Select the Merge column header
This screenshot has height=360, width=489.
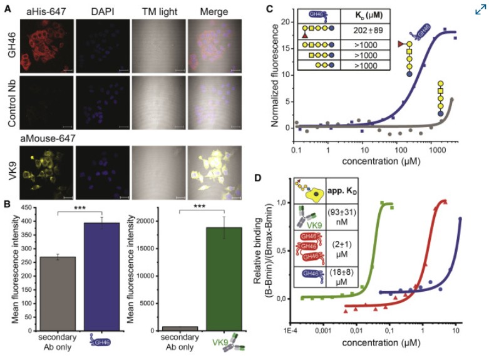213,11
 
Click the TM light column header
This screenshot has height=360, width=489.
157,11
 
